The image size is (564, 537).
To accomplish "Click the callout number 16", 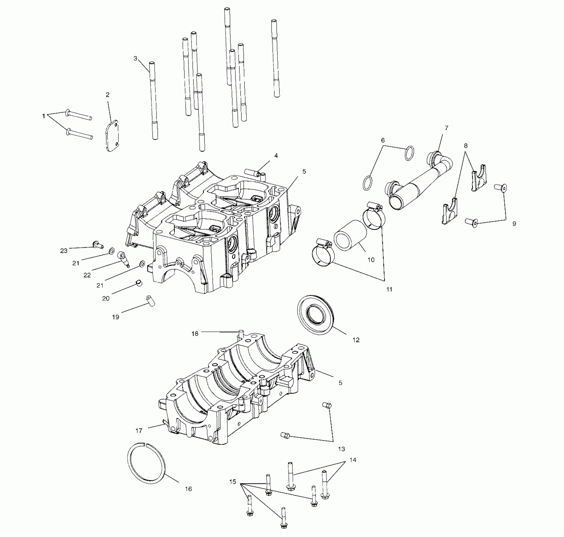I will (188, 489).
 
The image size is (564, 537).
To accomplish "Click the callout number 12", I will (356, 340).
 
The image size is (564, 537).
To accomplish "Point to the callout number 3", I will (135, 58).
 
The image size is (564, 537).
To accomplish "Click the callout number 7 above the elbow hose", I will (446, 128).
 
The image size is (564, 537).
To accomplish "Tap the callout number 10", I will (371, 260).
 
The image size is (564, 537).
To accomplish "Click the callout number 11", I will (389, 289).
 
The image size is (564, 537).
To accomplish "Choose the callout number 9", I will (514, 224).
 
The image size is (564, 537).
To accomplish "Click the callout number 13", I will (341, 449).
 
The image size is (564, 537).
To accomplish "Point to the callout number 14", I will (353, 460).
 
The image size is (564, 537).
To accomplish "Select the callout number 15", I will (233, 482).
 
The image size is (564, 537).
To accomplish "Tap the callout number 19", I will (116, 317).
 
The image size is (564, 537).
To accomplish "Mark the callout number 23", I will (64, 250).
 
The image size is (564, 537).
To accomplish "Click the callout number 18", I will (195, 334).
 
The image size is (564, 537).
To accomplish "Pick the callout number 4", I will (276, 156).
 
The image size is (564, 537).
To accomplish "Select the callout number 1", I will (44, 116).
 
